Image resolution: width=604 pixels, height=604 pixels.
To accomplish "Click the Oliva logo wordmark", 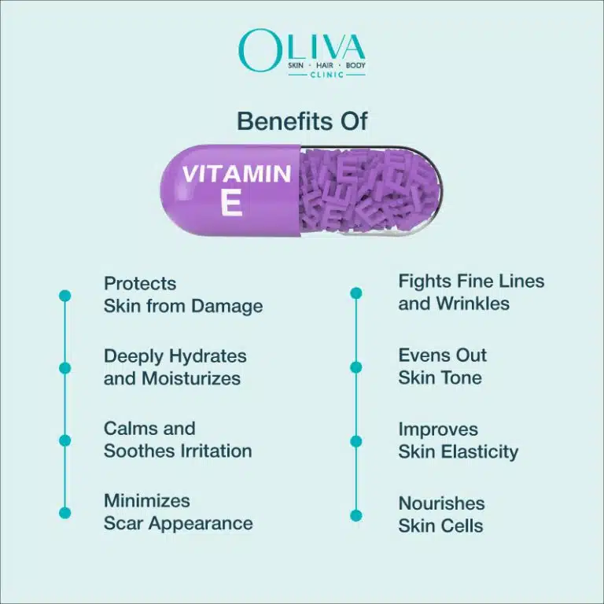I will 302,49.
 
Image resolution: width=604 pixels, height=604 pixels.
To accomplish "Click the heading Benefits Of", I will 302,121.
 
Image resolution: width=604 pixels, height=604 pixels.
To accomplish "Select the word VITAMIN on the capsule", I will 236,174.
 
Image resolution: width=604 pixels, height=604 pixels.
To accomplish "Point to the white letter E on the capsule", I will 231,203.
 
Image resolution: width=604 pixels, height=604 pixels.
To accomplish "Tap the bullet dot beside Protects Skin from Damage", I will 64,296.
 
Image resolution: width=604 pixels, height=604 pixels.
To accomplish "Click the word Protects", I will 140,283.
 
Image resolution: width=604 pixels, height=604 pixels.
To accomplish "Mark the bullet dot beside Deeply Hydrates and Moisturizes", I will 64,368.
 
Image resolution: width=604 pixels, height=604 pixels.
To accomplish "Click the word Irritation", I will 214,451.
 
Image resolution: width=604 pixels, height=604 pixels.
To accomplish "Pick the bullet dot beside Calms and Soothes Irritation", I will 64,440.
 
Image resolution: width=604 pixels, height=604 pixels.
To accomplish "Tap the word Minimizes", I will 146,501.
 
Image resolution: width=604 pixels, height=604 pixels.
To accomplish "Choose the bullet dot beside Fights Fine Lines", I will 356,293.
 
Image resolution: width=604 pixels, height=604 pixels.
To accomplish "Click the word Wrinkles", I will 474,304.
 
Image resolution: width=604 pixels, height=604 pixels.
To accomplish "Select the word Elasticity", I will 481,452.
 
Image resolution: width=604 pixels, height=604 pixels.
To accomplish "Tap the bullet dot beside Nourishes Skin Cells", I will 356,515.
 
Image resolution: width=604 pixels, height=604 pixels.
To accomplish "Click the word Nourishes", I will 441,503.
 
